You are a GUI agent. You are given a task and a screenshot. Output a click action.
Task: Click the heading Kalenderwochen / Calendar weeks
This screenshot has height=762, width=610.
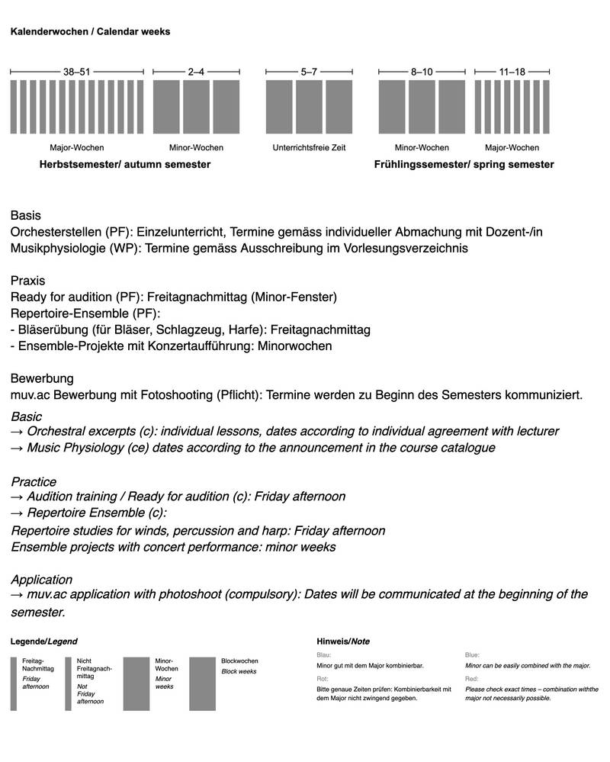click(90, 32)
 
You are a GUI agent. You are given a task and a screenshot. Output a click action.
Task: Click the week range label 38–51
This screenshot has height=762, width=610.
click(76, 72)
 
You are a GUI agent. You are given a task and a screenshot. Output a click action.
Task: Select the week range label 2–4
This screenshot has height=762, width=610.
click(196, 72)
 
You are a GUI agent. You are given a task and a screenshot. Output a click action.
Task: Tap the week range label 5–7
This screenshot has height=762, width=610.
click(309, 72)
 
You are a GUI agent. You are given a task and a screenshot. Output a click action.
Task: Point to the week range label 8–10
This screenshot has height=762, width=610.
click(422, 72)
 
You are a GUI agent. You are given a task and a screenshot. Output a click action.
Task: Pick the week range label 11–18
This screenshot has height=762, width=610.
click(512, 72)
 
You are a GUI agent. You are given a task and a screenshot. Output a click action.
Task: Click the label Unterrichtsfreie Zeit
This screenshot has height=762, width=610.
click(309, 147)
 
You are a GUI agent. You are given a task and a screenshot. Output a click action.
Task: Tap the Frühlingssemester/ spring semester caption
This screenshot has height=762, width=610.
click(464, 164)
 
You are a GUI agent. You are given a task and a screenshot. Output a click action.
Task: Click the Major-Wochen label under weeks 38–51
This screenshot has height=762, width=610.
click(76, 147)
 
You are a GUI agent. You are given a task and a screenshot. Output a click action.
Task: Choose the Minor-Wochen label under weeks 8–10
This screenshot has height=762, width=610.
click(422, 147)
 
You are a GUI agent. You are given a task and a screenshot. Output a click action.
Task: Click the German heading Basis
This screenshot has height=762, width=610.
click(26, 216)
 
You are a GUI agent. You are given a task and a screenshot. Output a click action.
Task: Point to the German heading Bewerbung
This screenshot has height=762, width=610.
click(41, 378)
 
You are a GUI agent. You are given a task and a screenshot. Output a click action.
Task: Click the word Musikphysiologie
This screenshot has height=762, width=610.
click(58, 248)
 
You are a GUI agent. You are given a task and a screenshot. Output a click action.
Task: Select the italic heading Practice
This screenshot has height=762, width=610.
click(34, 481)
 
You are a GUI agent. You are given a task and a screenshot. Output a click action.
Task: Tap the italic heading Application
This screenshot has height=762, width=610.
click(42, 580)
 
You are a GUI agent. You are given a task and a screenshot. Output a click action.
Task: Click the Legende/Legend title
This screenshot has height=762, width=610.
click(43, 641)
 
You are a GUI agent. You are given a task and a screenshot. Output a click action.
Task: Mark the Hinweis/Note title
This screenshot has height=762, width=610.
click(342, 641)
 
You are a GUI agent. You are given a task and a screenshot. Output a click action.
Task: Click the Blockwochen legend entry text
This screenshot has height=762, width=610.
click(239, 661)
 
